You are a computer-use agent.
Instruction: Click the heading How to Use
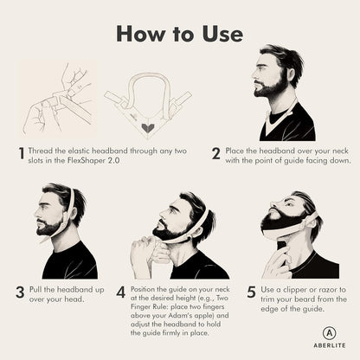click(179, 33)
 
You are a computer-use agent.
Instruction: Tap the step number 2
click(215, 153)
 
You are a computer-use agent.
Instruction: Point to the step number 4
click(120, 292)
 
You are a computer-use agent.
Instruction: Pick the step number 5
click(251, 292)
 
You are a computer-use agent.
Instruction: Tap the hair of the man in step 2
click(284, 59)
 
